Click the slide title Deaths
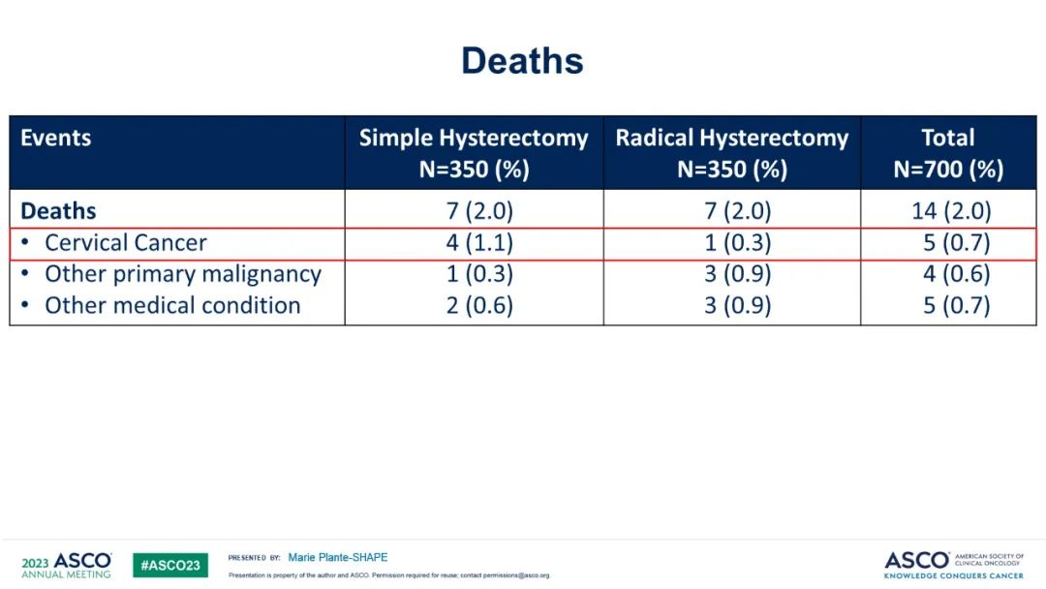pyautogui.click(x=522, y=61)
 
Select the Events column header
pyautogui.click(x=56, y=138)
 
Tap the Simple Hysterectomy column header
pyautogui.click(x=474, y=153)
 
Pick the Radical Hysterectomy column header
pyautogui.click(x=731, y=153)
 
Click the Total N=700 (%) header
pyautogui.click(x=948, y=153)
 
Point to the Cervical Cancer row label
pyautogui.click(x=126, y=243)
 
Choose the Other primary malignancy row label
pyautogui.click(x=182, y=274)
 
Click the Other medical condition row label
pyautogui.click(x=172, y=306)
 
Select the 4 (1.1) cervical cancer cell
pyautogui.click(x=479, y=243)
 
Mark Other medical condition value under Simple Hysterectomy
pyautogui.click(x=479, y=306)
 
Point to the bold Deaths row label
pyautogui.click(x=58, y=211)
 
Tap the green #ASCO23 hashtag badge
pyautogui.click(x=170, y=565)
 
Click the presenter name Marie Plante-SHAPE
pyautogui.click(x=338, y=558)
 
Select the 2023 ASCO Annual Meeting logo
pyautogui.click(x=66, y=565)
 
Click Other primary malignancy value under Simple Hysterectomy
pyautogui.click(x=479, y=274)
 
